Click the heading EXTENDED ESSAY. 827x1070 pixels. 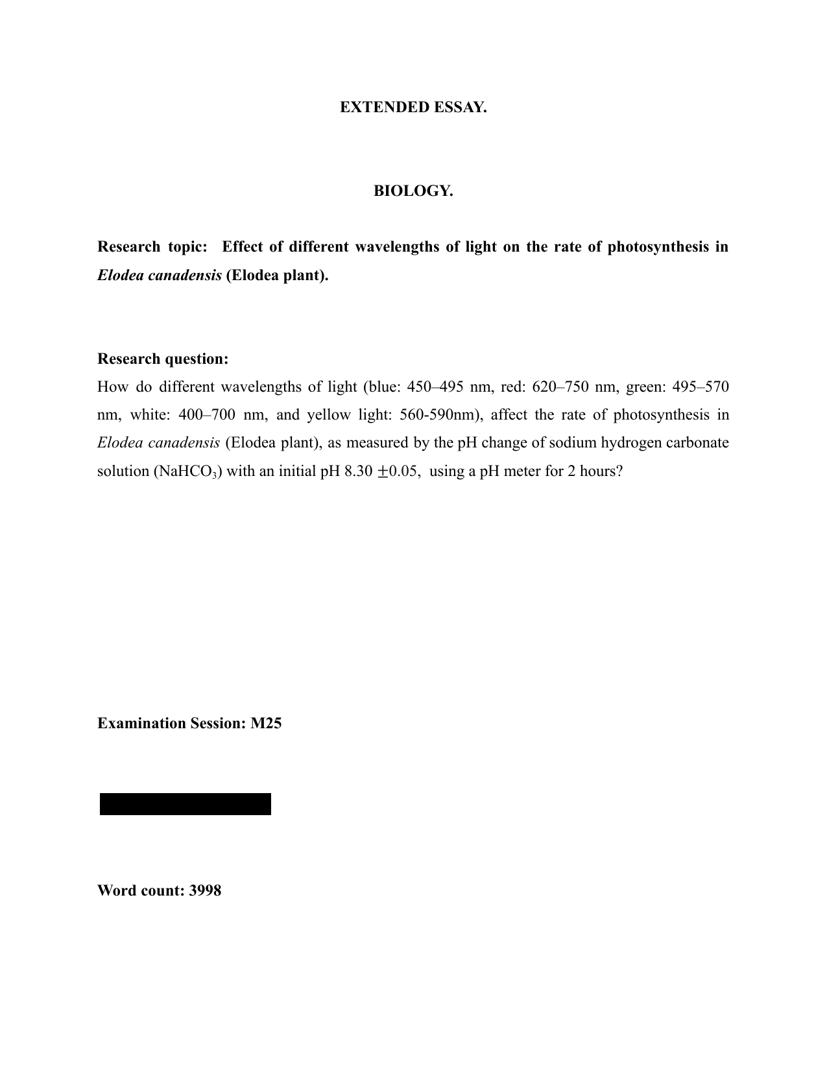coord(413,108)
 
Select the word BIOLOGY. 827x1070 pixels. coord(413,191)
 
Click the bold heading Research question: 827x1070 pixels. coord(163,359)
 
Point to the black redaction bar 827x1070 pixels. coord(186,804)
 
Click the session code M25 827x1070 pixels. coord(266,724)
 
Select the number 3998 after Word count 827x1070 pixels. coord(205,891)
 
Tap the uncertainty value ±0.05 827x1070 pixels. coord(401,471)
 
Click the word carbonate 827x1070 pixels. coord(699,443)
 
